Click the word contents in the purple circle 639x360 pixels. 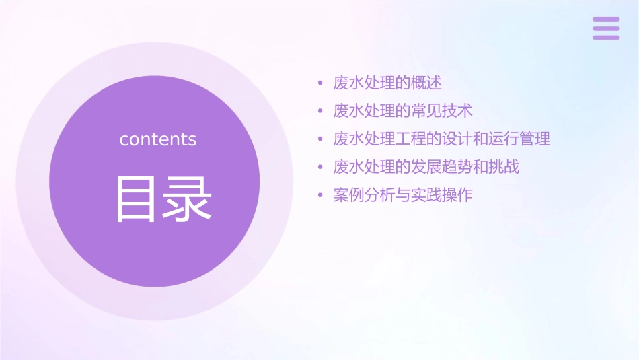[158, 139]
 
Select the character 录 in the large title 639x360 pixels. [188, 199]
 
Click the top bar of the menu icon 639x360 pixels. [606, 20]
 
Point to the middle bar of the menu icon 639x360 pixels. [606, 28]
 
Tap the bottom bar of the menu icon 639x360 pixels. [606, 37]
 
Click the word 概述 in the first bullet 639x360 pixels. [427, 83]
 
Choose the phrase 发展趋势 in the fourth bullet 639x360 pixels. [442, 167]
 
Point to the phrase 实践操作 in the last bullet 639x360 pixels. [442, 195]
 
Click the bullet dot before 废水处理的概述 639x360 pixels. [320, 84]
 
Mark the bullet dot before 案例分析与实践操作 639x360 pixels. [320, 196]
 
